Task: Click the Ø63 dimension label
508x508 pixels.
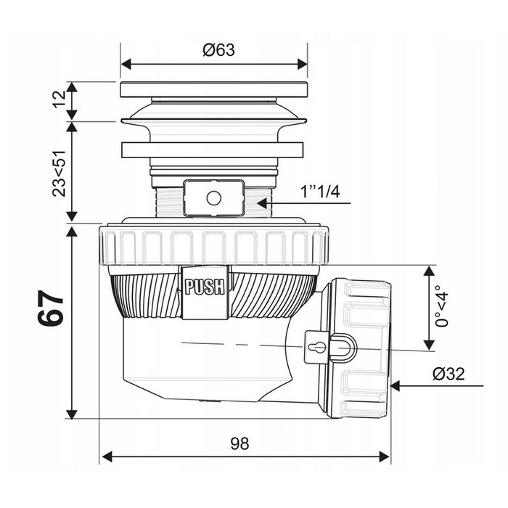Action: [218, 50]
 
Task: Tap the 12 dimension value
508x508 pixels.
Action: [60, 99]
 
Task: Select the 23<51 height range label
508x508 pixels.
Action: [59, 173]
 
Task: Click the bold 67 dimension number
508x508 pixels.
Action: [51, 307]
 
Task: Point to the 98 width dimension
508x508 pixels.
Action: [239, 443]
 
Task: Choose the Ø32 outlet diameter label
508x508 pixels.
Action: [448, 374]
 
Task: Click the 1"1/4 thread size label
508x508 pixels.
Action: [320, 192]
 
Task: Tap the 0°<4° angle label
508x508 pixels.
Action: [442, 306]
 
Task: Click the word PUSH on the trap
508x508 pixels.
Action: [205, 287]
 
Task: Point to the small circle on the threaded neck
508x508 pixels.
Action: [214, 198]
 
